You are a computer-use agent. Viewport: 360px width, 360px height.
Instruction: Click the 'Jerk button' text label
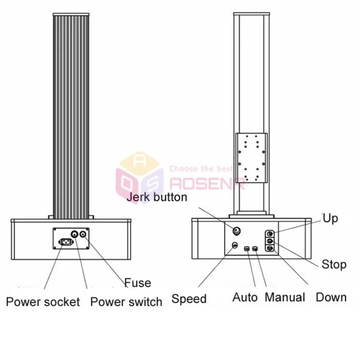(157, 197)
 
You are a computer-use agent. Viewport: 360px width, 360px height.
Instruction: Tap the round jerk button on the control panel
(237, 230)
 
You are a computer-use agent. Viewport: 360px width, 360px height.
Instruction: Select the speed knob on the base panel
(235, 245)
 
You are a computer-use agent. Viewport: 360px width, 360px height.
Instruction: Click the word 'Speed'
(189, 299)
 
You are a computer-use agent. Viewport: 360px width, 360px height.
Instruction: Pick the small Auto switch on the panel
(247, 249)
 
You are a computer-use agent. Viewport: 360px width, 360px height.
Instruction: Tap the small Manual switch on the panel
(255, 249)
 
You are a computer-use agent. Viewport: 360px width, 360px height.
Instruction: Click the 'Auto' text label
(245, 298)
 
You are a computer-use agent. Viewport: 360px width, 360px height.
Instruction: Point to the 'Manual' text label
(285, 297)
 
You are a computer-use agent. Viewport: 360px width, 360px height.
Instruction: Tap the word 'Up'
(330, 219)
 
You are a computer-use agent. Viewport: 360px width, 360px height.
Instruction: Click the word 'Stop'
(334, 265)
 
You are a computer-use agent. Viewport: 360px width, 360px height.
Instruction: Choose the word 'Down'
(331, 298)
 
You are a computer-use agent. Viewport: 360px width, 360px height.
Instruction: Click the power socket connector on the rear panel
(66, 242)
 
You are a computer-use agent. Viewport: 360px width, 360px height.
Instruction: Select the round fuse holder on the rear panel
(83, 234)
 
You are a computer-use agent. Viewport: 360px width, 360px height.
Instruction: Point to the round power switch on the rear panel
(75, 234)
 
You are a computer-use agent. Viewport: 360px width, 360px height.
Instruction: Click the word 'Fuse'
(138, 283)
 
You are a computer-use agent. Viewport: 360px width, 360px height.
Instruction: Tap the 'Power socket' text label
(43, 302)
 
